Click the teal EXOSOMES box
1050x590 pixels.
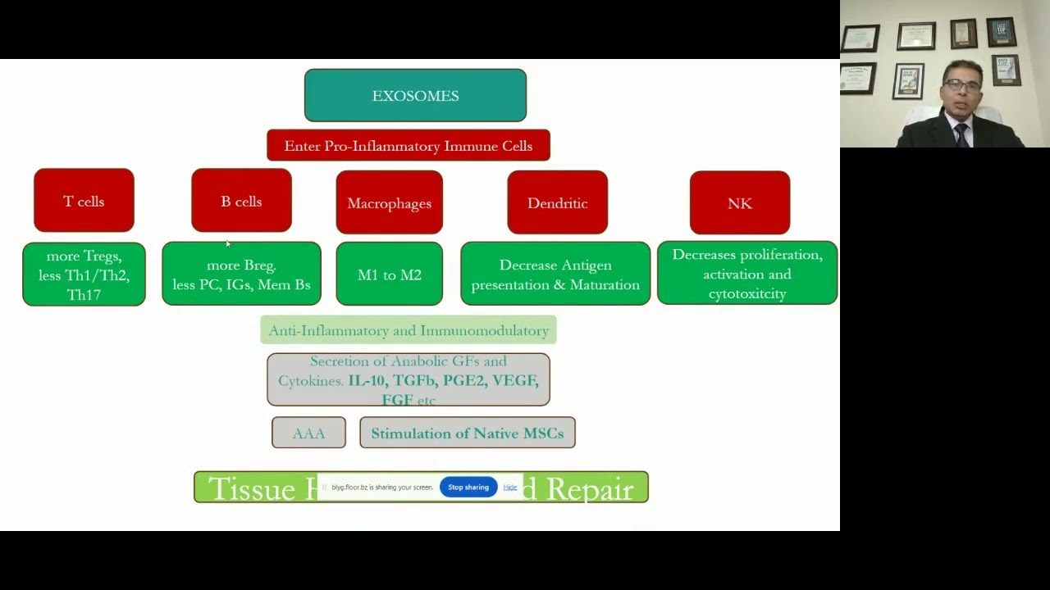[x=415, y=96]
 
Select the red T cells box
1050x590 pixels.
[x=84, y=201]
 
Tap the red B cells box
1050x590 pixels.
[x=241, y=201]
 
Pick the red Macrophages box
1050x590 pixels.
[x=389, y=202]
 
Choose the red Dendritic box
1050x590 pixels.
[x=557, y=202]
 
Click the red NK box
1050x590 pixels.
[x=739, y=202]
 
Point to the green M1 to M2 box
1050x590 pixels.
[x=389, y=275]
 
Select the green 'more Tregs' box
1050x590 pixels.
[x=84, y=275]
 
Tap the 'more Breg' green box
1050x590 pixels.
[x=241, y=275]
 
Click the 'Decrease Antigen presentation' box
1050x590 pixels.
[x=555, y=275]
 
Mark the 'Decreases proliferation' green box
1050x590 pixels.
[x=746, y=274]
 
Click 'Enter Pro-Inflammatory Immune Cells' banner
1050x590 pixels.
[x=408, y=146]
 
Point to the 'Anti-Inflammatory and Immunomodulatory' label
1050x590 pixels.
[x=408, y=330]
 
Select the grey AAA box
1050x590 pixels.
[x=308, y=433]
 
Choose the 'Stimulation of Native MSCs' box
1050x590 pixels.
[x=467, y=433]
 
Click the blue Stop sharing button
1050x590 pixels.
[x=468, y=487]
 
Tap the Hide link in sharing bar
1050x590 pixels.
[x=509, y=487]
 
